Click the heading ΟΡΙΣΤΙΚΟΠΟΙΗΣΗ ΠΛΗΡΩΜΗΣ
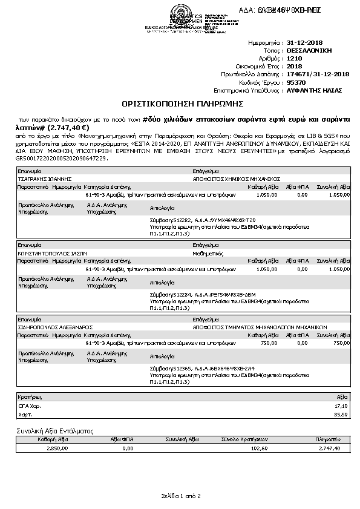tap(180, 103)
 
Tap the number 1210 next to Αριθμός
tap(293, 59)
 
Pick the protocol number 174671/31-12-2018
tap(318, 74)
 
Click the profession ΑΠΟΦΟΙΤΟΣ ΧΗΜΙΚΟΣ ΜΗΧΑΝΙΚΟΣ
tap(236, 180)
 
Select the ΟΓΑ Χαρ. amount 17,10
tap(341, 406)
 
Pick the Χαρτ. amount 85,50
tap(341, 415)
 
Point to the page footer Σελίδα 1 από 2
tap(180, 496)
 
